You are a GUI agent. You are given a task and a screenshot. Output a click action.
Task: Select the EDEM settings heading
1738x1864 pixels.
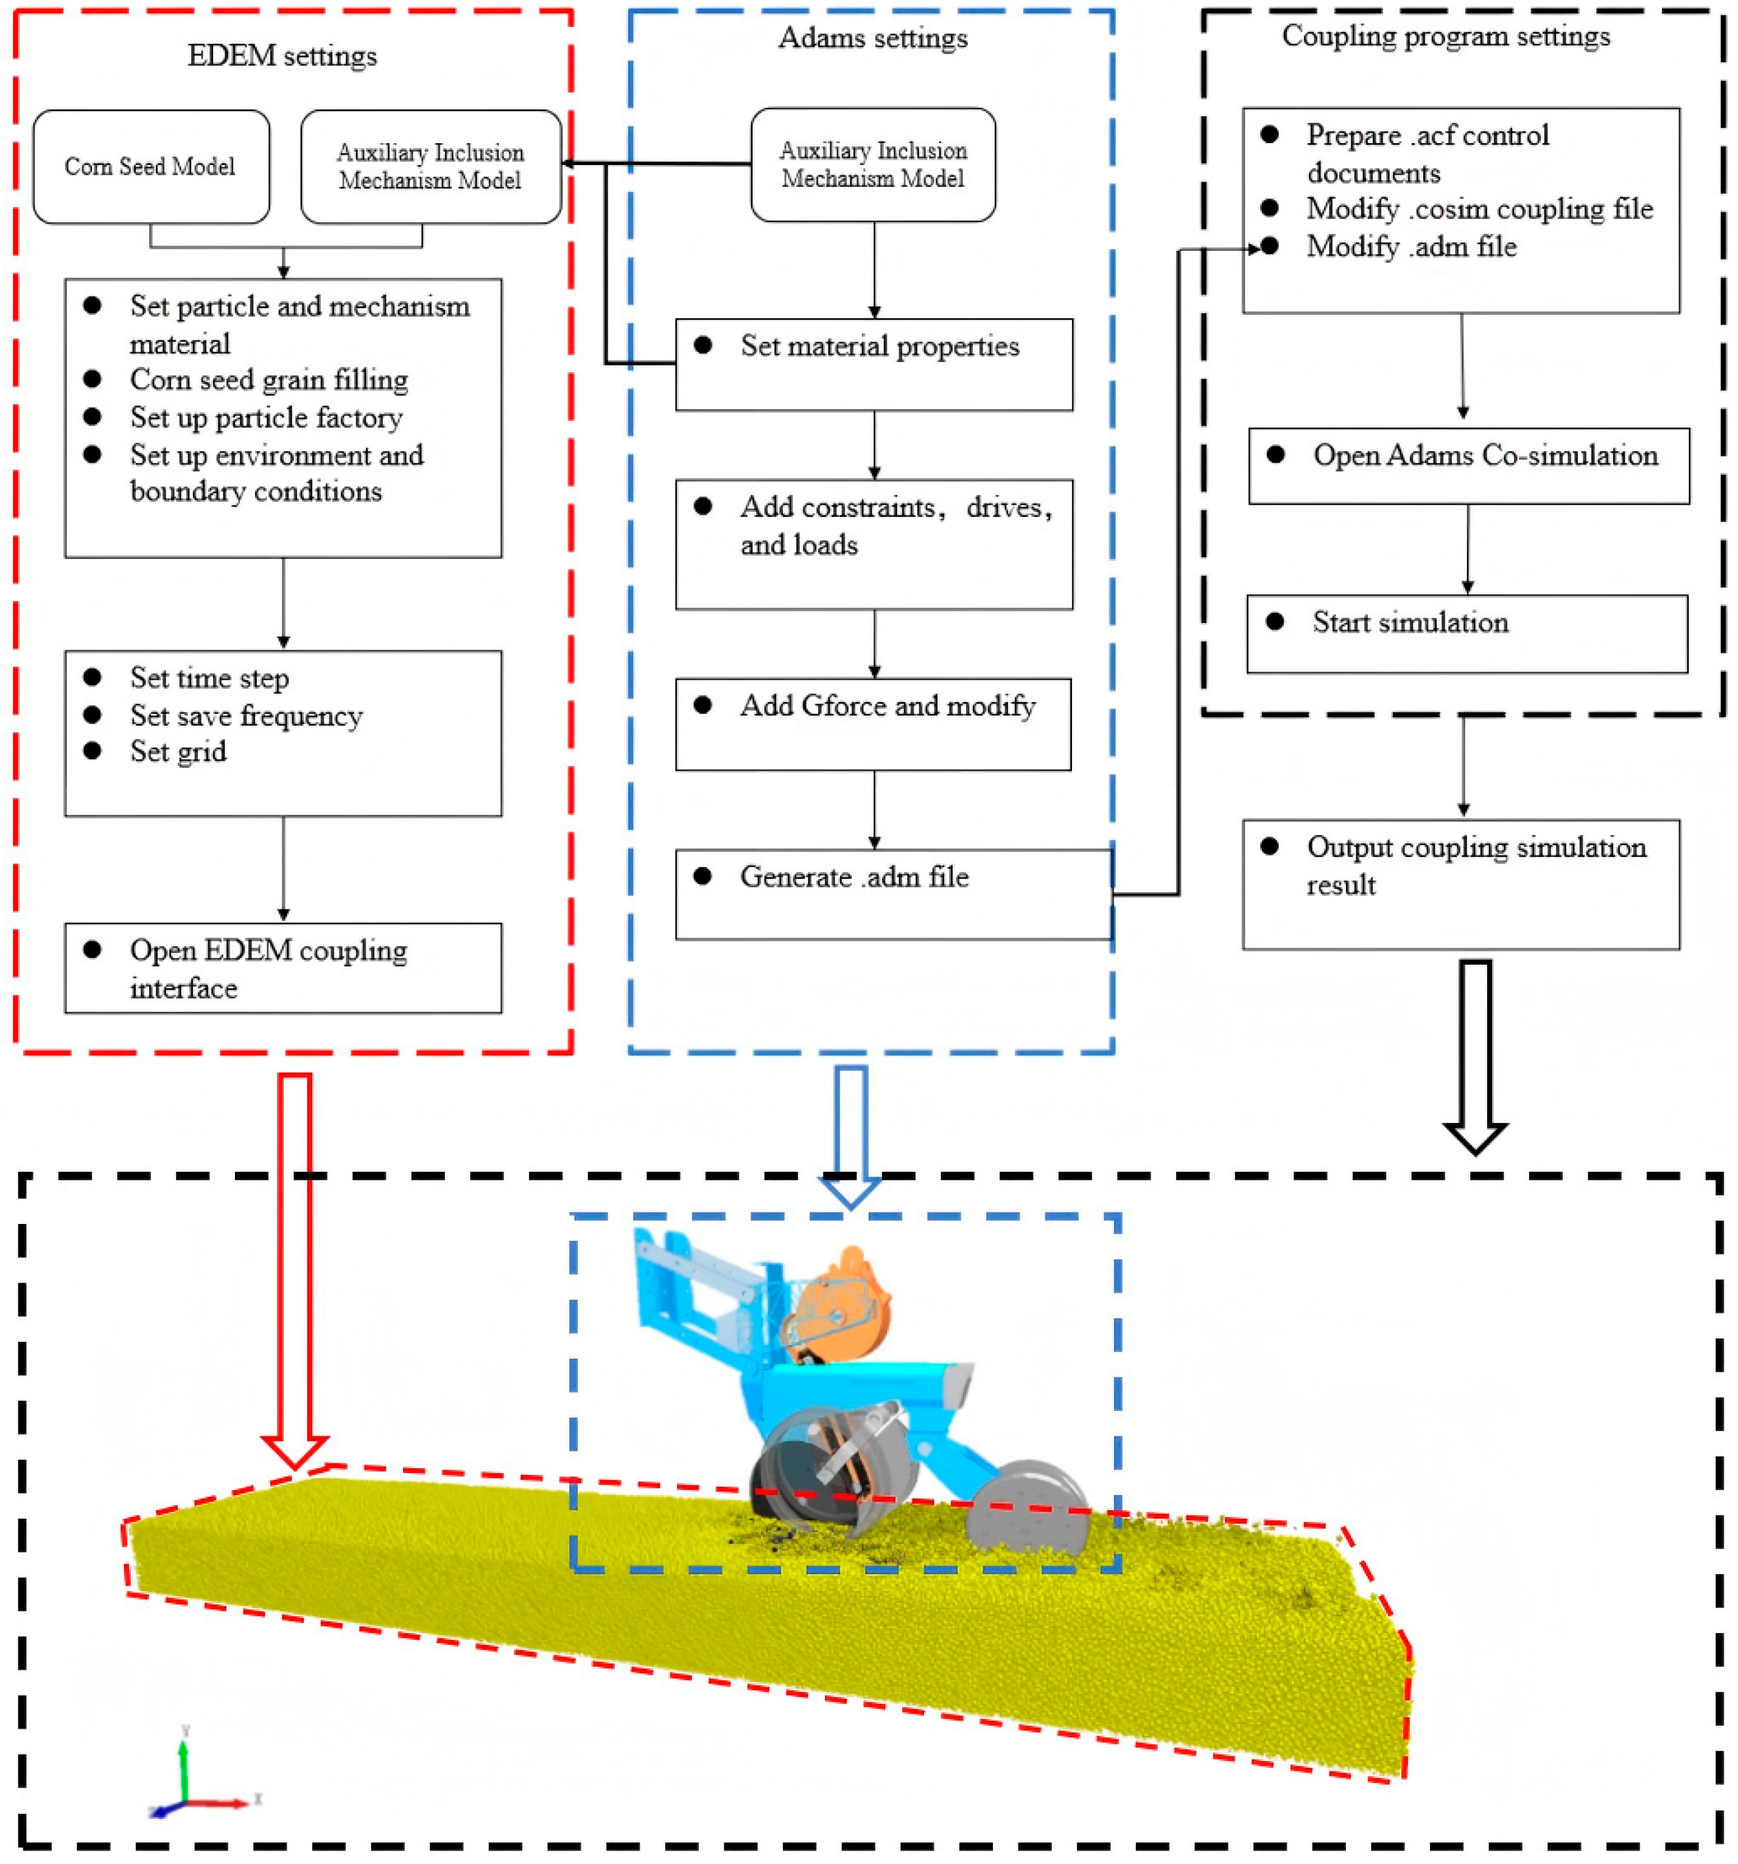282,56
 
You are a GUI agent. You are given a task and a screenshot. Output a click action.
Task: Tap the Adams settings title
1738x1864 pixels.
873,38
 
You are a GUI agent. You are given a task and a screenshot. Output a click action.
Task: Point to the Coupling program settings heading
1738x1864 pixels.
1446,37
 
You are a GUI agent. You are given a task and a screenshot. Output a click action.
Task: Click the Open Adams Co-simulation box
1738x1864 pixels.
1468,466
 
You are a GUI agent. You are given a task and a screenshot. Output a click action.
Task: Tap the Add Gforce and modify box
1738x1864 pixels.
873,724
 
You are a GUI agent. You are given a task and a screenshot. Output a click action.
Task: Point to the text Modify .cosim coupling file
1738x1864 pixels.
1479,209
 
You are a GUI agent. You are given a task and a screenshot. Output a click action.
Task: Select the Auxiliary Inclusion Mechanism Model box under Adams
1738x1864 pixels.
873,165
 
